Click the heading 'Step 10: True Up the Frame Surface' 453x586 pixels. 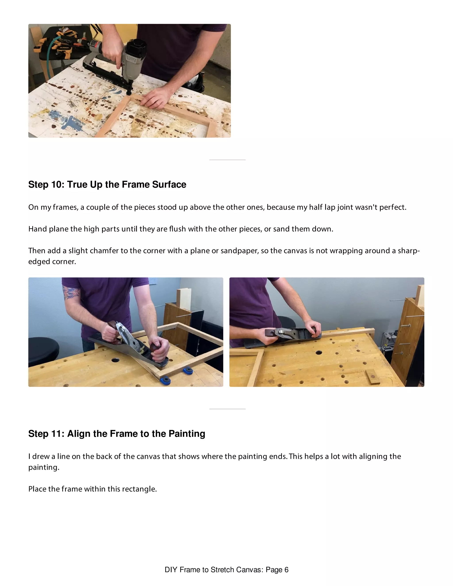(x=107, y=185)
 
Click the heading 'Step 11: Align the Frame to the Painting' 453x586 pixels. (x=117, y=434)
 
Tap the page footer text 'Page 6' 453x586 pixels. (x=277, y=569)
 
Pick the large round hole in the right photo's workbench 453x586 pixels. (x=319, y=352)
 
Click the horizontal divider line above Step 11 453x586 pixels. (x=227, y=409)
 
